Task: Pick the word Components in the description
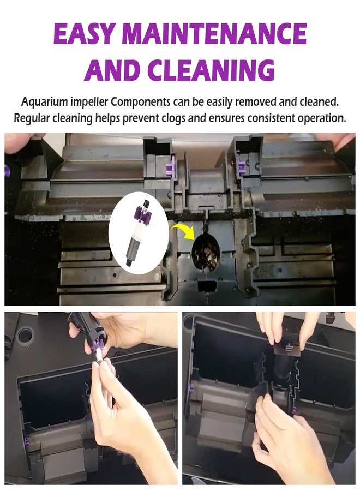click(141, 102)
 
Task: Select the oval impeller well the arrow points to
click(205, 253)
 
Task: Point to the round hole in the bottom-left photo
click(25, 335)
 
